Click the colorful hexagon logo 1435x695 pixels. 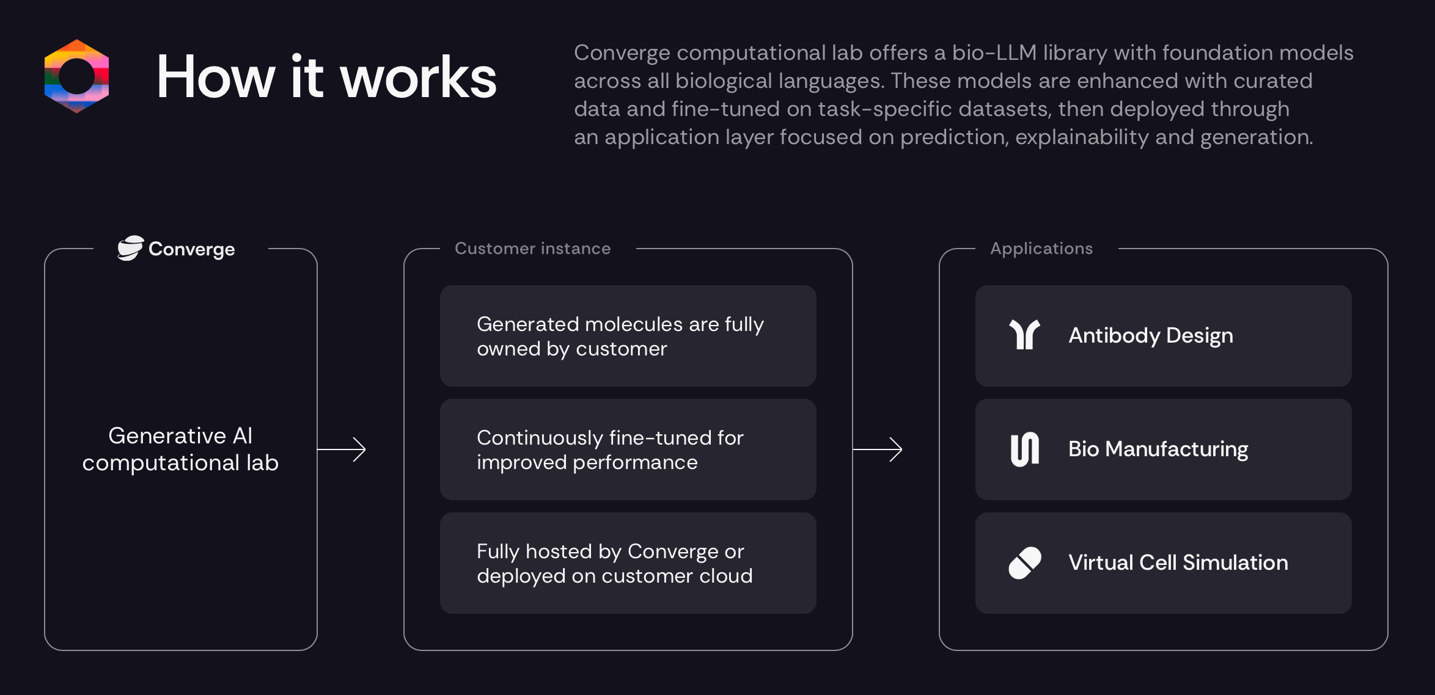coord(76,76)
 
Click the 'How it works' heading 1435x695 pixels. coord(326,78)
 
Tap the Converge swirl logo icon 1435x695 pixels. coord(130,249)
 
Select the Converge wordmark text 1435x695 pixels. coord(191,249)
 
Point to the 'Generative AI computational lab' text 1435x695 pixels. coord(180,449)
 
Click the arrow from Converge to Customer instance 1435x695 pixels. coord(342,449)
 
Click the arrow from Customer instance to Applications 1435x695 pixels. coord(878,449)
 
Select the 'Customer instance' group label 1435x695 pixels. coord(532,249)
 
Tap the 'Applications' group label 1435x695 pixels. coord(1041,249)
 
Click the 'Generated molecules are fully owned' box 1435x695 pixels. coord(628,336)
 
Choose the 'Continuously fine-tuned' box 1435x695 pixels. coord(628,449)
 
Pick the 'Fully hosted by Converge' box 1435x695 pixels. coord(628,563)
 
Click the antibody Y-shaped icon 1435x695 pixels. coord(1024,335)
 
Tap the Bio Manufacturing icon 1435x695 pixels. coord(1024,449)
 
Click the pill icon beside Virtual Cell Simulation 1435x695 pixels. coord(1024,562)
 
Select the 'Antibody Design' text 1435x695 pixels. coord(1150,335)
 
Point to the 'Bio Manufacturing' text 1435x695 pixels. coord(1158,449)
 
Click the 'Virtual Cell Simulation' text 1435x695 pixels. coord(1178,562)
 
